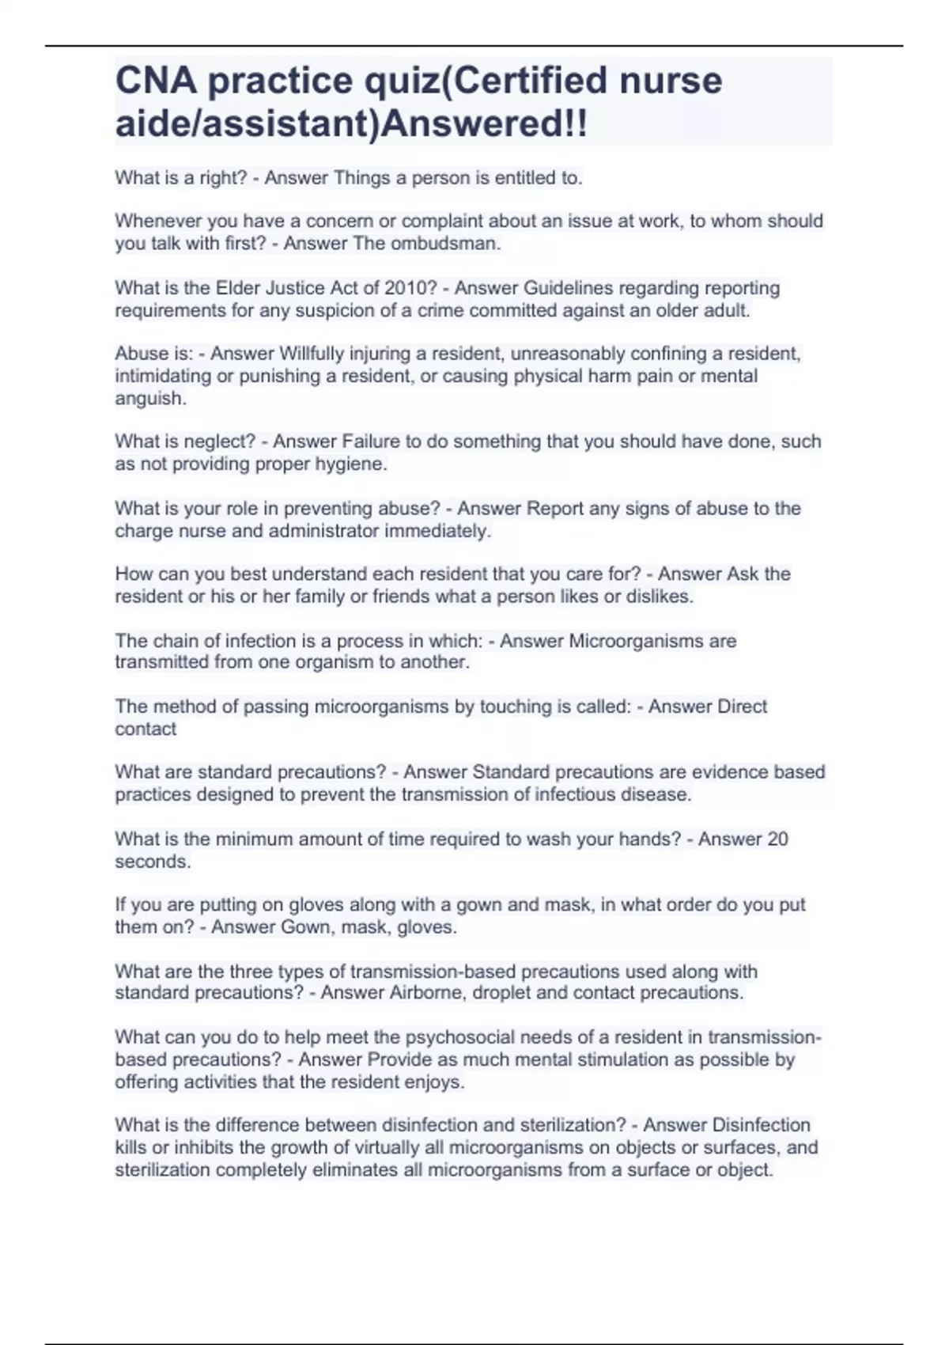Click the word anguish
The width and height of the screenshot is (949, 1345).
[x=150, y=399]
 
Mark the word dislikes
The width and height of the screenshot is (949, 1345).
[x=659, y=597]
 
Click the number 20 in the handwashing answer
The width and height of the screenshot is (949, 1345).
[x=777, y=839]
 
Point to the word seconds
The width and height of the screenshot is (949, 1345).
[x=153, y=862]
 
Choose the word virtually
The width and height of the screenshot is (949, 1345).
[x=355, y=1147]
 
